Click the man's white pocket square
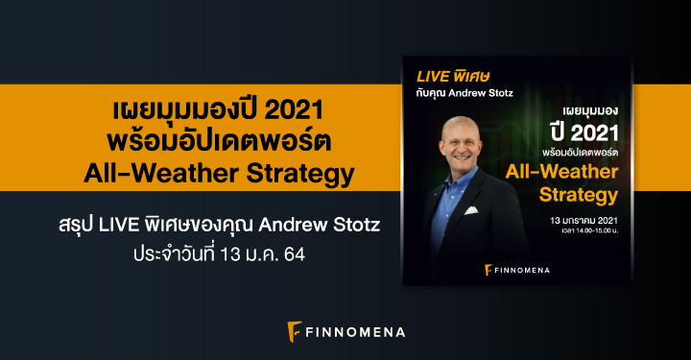[470, 209]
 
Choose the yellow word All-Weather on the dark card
[576, 172]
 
